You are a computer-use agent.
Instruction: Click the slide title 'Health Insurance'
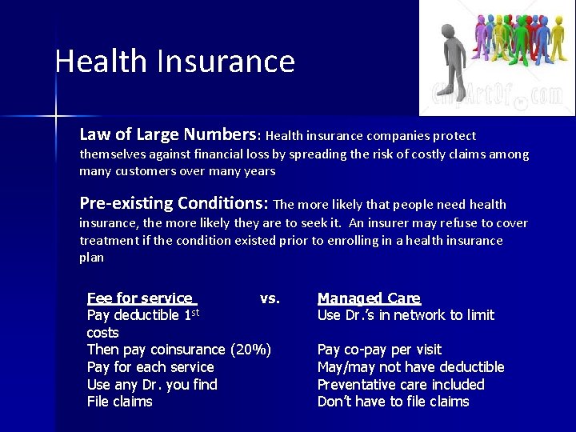pos(174,62)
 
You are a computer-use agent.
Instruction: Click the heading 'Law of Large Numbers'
pos(169,134)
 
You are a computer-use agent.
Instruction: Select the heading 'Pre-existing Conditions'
pos(175,202)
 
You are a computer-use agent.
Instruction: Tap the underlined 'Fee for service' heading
pos(140,298)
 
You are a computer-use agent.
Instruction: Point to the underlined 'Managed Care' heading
pos(369,298)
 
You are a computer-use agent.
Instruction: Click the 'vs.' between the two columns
pos(270,298)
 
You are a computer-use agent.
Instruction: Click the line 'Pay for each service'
pos(150,367)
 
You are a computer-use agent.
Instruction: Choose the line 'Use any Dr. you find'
pos(152,385)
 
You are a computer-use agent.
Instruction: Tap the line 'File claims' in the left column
pos(119,402)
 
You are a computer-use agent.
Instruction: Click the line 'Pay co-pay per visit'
pos(379,350)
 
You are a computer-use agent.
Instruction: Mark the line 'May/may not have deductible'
pos(410,367)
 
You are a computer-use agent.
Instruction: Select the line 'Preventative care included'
pos(401,385)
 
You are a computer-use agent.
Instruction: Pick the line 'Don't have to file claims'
pos(394,402)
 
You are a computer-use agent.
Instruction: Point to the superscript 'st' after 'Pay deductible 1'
pos(194,312)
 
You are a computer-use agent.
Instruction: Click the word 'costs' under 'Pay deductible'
pos(102,333)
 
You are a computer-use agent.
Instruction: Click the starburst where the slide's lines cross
pos(56,117)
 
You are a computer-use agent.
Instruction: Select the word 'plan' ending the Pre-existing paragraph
pos(91,258)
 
